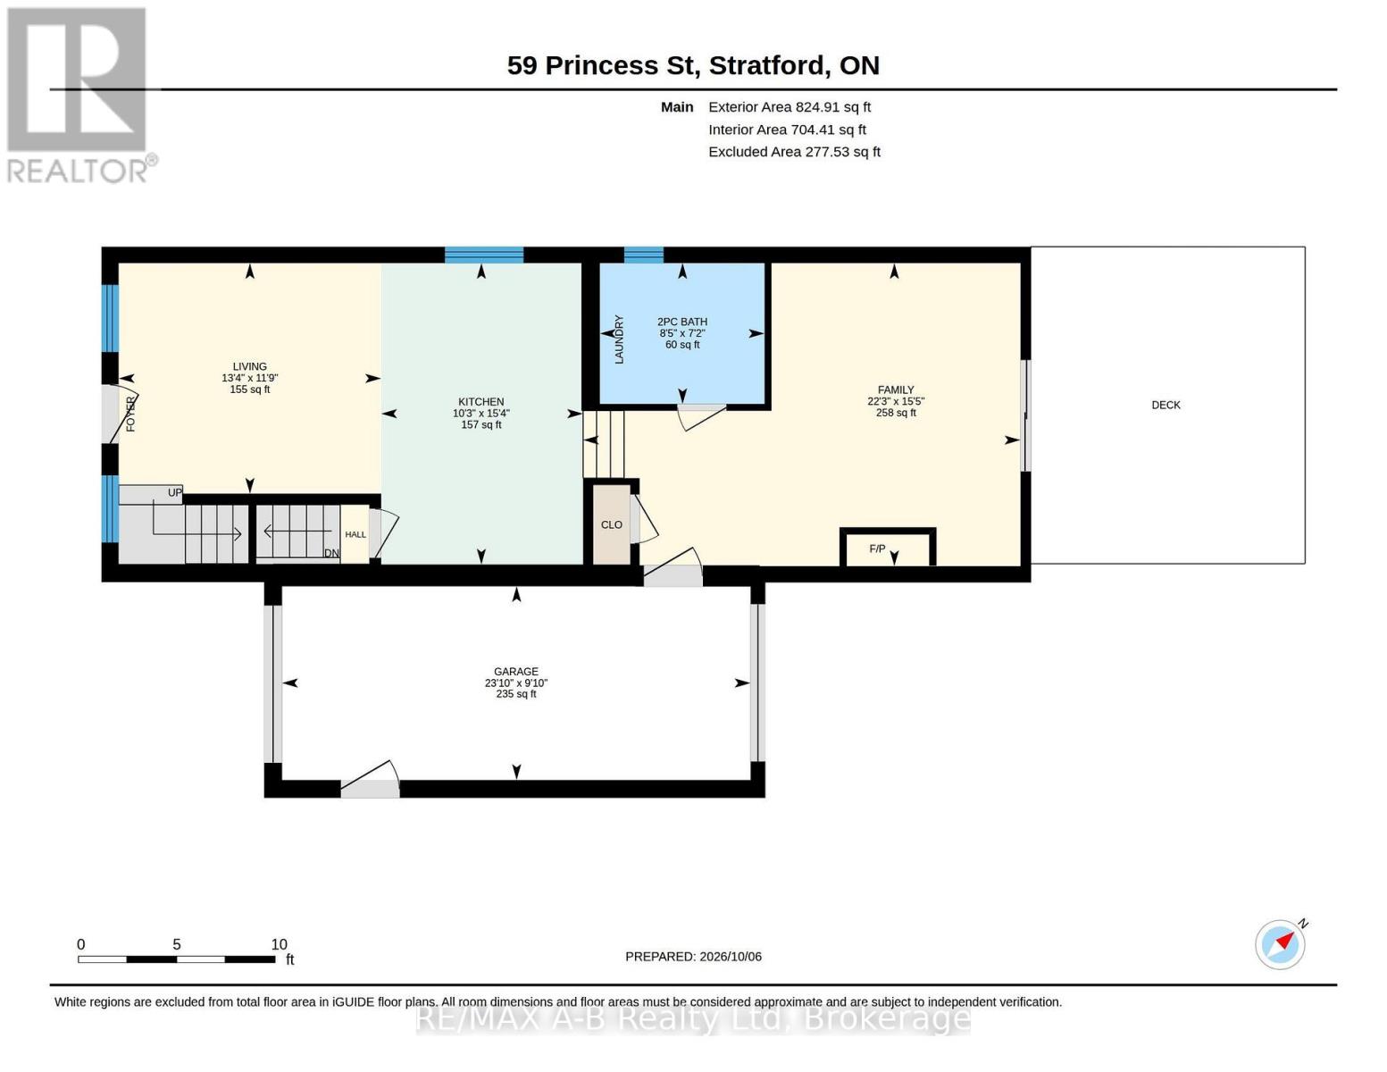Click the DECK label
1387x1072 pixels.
1166,405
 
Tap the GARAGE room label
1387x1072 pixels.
515,671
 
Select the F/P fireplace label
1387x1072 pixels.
877,549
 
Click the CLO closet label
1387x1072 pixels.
612,524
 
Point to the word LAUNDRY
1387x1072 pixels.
619,339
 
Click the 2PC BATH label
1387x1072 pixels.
682,322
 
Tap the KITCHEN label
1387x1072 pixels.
480,402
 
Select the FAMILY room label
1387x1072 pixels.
896,389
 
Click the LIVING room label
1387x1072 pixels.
249,366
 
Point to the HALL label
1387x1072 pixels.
355,534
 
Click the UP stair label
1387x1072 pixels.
175,493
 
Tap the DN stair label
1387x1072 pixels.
331,553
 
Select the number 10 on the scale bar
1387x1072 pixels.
279,944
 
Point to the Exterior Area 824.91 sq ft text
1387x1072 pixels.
790,107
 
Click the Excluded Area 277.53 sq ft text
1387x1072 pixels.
795,152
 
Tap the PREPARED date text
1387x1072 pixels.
693,957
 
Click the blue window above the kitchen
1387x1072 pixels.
484,255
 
